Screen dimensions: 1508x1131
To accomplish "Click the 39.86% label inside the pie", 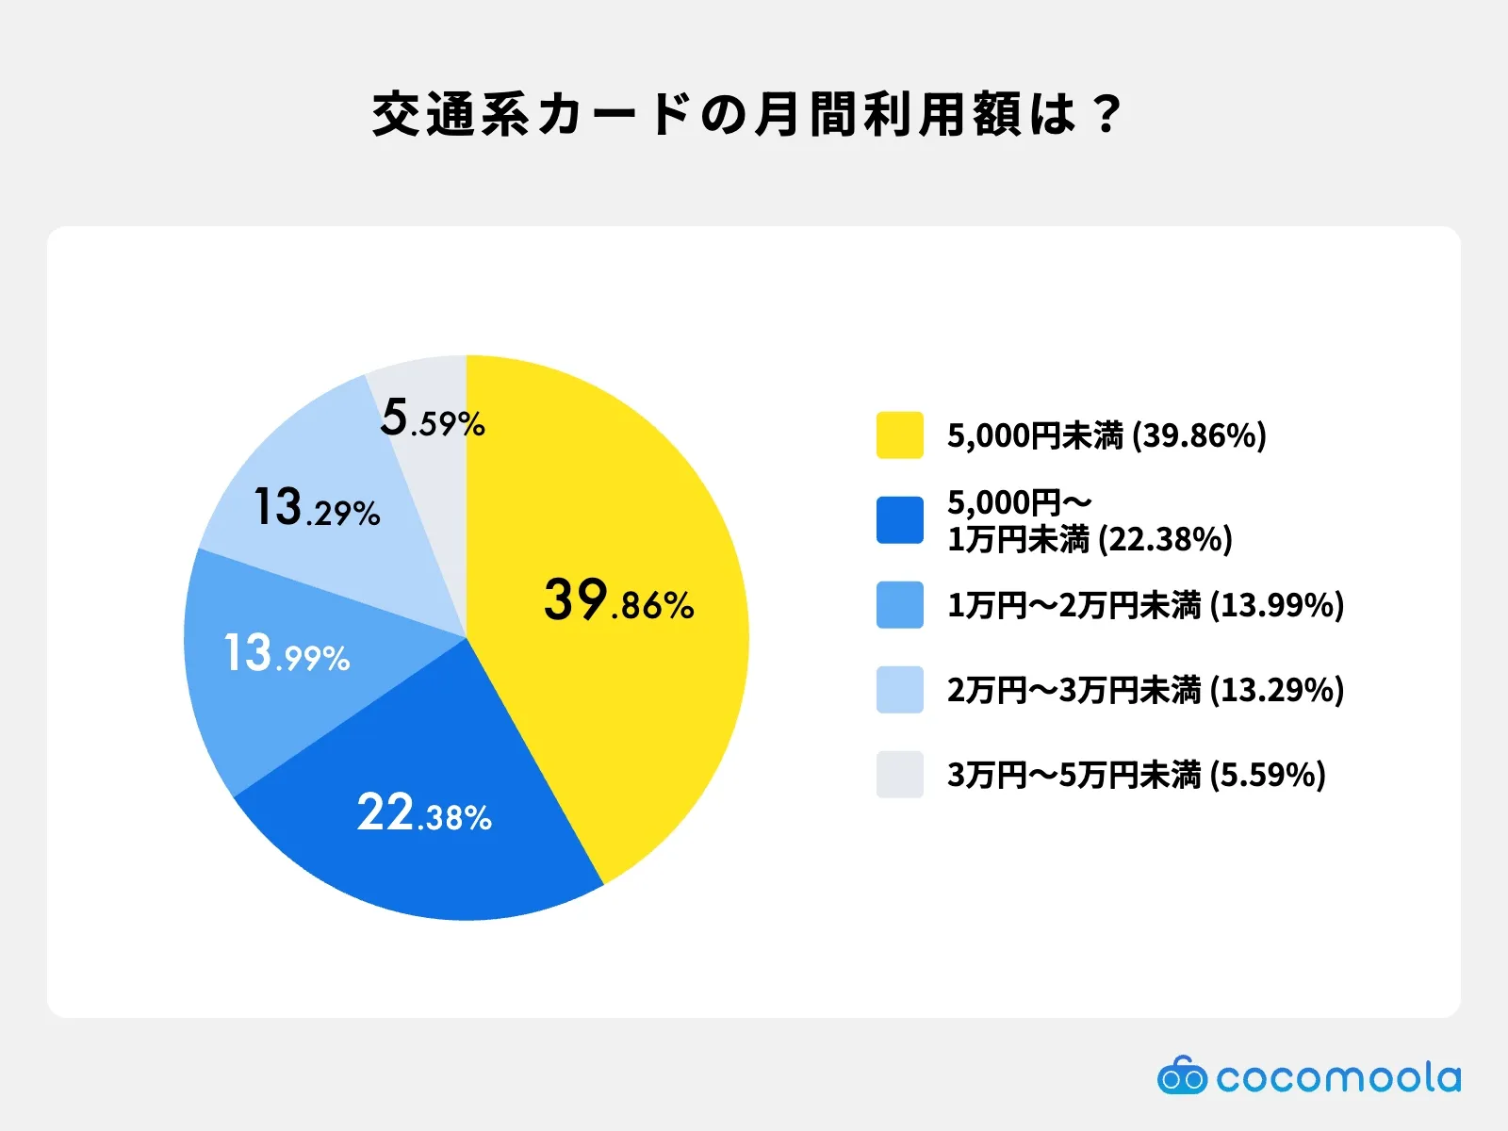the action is click(x=619, y=600).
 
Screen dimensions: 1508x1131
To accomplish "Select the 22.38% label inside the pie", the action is click(x=424, y=812).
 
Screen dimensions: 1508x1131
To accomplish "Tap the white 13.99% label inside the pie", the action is click(x=287, y=653).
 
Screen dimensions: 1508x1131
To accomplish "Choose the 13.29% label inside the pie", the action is click(x=317, y=507).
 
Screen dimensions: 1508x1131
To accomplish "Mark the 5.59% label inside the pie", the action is click(x=433, y=418).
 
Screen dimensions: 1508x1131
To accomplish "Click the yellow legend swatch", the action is click(x=900, y=434).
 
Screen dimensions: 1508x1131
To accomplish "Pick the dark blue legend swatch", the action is click(x=900, y=520).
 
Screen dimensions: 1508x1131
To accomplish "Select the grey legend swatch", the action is click(x=900, y=775).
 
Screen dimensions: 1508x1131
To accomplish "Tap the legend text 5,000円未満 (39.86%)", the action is click(x=1106, y=435).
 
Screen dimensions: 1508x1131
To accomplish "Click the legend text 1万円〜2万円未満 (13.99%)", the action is click(x=1145, y=606).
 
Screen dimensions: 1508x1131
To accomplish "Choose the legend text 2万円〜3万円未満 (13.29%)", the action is click(x=1145, y=690).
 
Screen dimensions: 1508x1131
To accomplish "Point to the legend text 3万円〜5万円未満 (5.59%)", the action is click(x=1137, y=776).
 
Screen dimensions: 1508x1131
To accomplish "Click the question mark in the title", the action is click(x=1106, y=115).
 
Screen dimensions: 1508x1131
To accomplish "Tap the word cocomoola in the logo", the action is click(x=1339, y=1076).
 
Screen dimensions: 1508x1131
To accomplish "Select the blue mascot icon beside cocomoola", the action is click(x=1182, y=1074).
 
